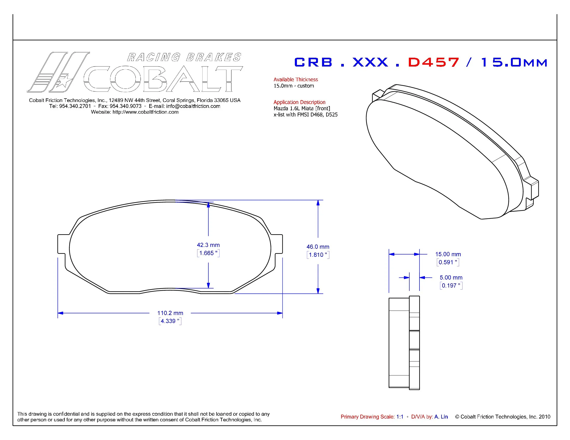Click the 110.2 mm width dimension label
click(170, 313)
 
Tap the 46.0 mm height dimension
click(318, 247)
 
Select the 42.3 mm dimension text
click(208, 245)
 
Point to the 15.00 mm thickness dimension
click(448, 254)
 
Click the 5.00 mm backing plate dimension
click(451, 278)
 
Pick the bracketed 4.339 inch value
click(170, 321)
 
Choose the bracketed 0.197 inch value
click(451, 286)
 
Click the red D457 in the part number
click(433, 62)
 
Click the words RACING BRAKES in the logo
click(184, 57)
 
